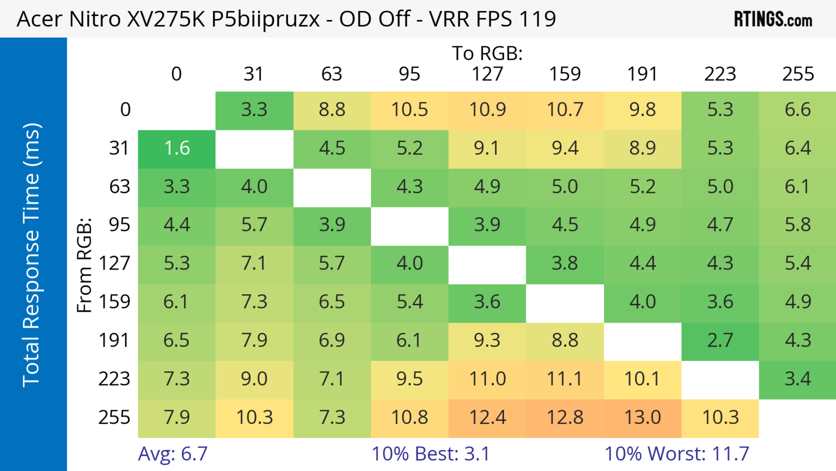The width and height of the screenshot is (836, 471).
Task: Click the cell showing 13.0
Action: click(643, 417)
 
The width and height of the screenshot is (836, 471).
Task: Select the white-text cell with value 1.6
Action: click(177, 148)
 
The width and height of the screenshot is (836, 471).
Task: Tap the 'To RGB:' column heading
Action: click(487, 53)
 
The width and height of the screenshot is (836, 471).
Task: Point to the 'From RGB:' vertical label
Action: click(84, 265)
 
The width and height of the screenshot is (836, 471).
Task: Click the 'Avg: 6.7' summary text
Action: click(173, 454)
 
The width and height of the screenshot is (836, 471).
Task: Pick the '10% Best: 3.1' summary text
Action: click(430, 454)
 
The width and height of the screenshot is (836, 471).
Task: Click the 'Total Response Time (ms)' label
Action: click(32, 255)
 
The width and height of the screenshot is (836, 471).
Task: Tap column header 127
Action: click(487, 74)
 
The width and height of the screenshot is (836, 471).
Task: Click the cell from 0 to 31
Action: click(254, 110)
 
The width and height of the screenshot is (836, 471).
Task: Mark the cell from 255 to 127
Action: click(487, 417)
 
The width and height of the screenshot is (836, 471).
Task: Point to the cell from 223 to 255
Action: click(798, 379)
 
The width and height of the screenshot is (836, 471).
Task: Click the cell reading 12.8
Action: click(565, 417)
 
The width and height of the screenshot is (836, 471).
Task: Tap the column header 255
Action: click(798, 74)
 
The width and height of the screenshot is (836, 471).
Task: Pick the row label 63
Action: click(120, 187)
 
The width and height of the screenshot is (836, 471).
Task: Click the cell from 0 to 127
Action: click(487, 110)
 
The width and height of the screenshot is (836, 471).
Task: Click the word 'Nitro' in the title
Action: click(95, 19)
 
